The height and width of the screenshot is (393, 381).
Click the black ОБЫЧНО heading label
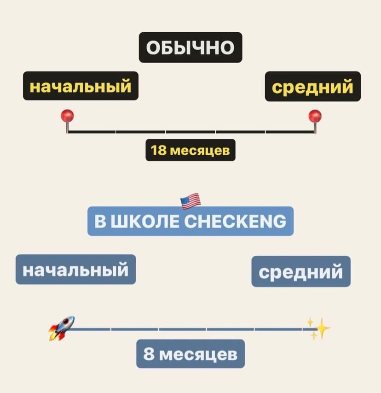pos(190,47)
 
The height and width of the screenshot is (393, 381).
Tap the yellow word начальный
pos(81,86)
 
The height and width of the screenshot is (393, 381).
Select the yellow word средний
pos(312,86)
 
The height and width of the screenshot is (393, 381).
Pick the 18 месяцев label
pos(190,150)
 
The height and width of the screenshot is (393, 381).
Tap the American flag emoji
pos(190,201)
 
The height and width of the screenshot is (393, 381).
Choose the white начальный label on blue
pos(76,270)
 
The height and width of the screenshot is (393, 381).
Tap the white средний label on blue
pos(300,271)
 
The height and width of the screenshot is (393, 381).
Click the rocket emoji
pos(62,328)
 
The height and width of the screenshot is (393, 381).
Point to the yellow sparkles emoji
pos(318,328)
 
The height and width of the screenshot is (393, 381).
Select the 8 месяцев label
pos(190,354)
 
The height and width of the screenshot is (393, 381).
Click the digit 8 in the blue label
pos(149,354)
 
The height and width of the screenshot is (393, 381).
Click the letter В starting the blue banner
pos(99,222)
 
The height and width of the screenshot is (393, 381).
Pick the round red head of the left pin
pos(68,115)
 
